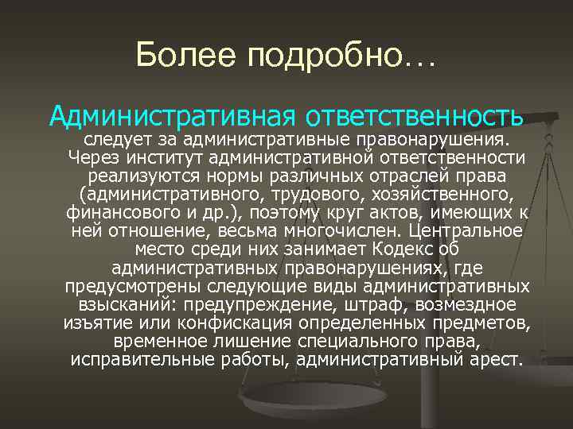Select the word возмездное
pos(470,305)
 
